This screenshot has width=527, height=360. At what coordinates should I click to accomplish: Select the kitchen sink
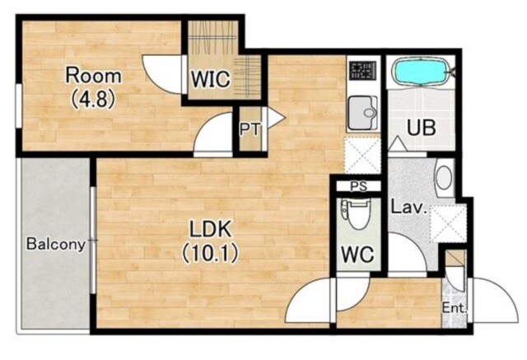point(362,113)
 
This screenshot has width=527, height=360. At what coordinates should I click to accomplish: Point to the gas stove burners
point(362,71)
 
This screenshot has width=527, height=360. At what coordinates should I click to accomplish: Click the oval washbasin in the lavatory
point(445,177)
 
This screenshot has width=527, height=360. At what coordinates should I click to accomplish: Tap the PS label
point(359,186)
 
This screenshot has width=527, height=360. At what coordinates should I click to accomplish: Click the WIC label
point(211,79)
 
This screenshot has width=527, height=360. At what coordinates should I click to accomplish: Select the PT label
point(250,129)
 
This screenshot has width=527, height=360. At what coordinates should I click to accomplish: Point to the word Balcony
point(56,245)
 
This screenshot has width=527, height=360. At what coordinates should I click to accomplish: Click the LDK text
point(211,230)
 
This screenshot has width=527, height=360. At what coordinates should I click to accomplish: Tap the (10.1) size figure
point(211,253)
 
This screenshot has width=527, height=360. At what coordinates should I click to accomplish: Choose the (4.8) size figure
point(93,99)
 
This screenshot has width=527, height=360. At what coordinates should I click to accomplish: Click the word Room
point(93,76)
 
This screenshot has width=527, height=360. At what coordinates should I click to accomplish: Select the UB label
point(422,128)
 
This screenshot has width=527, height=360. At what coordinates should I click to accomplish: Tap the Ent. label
point(455,308)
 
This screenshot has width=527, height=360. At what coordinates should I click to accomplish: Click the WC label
point(358,255)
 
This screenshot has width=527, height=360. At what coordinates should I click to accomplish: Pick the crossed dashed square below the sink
point(362,156)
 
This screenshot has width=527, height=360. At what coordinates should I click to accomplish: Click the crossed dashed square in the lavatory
point(448,223)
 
